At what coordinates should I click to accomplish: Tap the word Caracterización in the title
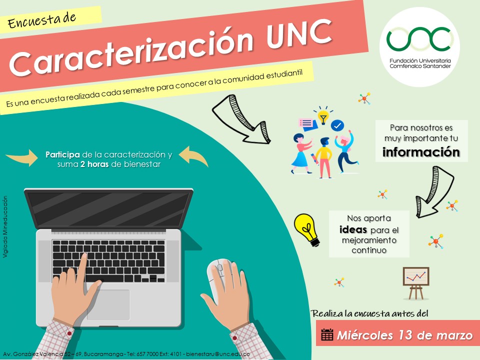131,51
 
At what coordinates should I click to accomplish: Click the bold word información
421,152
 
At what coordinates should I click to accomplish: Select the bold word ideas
353,229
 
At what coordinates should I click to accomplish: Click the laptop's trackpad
108,304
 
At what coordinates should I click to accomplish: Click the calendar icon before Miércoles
327,334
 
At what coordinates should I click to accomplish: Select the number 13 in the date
405,335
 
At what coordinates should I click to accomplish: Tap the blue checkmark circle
337,125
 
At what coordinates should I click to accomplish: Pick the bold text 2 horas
94,164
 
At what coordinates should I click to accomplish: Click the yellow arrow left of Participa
22,157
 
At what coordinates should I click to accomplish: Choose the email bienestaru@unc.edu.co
218,354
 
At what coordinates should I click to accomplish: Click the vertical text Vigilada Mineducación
5,227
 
